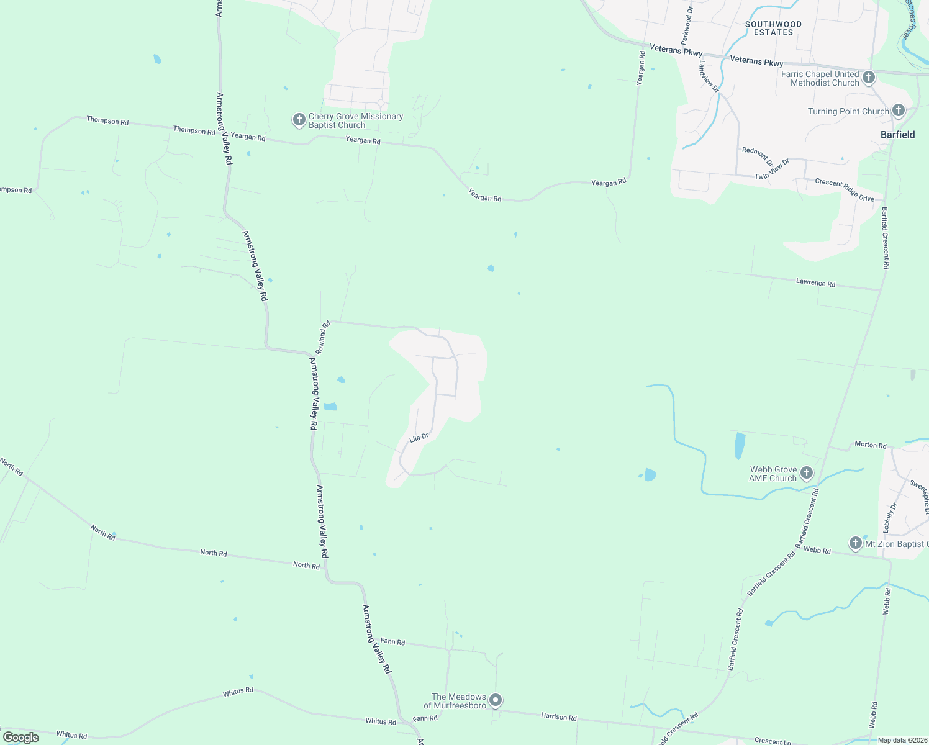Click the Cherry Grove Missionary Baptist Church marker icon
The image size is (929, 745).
tap(299, 119)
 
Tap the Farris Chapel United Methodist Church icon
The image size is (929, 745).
tap(869, 78)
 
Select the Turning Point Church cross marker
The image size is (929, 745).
tap(898, 111)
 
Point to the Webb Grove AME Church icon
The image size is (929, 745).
tap(806, 474)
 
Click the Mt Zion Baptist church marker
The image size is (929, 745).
tap(856, 544)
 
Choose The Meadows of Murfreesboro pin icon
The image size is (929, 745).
tap(496, 701)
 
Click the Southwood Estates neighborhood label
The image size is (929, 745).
tap(773, 28)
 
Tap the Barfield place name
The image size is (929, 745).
tap(897, 135)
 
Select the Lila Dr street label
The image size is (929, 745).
tap(419, 438)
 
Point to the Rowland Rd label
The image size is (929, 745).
tap(323, 337)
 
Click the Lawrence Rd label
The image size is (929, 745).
tap(815, 282)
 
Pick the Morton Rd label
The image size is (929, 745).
tap(870, 445)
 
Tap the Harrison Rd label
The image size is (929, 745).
tap(558, 716)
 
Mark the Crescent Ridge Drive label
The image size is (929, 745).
tap(845, 190)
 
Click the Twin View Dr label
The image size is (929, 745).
tap(772, 169)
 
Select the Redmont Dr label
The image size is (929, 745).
tap(757, 156)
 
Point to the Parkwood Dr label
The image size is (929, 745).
tap(686, 25)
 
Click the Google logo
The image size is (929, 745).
tap(21, 738)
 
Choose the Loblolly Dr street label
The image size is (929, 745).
tap(890, 518)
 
